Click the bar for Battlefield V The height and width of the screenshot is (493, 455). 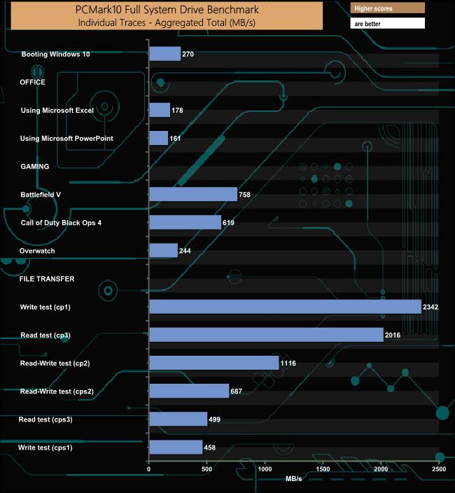pyautogui.click(x=193, y=195)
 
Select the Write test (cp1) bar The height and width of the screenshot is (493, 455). pyautogui.click(x=285, y=307)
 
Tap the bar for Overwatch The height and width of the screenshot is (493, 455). pyautogui.click(x=164, y=251)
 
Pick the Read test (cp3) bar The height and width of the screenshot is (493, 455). pyautogui.click(x=266, y=335)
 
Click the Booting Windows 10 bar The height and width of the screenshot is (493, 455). pyautogui.click(x=165, y=54)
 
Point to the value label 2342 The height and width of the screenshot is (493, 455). pyautogui.click(x=430, y=307)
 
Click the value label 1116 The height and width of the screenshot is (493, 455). pyautogui.click(x=288, y=363)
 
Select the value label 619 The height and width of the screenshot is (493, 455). pyautogui.click(x=228, y=223)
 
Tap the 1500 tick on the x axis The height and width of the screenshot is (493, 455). pyautogui.click(x=323, y=468)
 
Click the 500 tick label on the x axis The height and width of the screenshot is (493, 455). pyautogui.click(x=206, y=468)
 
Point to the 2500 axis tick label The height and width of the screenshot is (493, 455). pyautogui.click(x=439, y=468)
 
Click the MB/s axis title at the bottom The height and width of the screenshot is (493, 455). pyautogui.click(x=294, y=479)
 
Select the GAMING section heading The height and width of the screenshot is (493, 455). pyautogui.click(x=34, y=167)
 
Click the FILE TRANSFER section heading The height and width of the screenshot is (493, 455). pyautogui.click(x=47, y=279)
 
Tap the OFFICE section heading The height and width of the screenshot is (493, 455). pyautogui.click(x=33, y=82)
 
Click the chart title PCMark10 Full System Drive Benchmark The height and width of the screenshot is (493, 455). pyautogui.click(x=167, y=10)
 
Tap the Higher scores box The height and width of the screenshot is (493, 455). pyautogui.click(x=388, y=8)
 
